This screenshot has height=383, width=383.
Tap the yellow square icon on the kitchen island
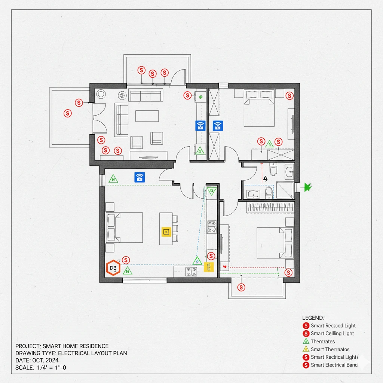click(166, 232)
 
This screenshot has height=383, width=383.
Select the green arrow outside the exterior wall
click(308, 186)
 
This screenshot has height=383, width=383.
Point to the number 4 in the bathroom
click(266, 179)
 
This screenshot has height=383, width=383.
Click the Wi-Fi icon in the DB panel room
click(140, 177)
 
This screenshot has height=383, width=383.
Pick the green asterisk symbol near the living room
click(201, 97)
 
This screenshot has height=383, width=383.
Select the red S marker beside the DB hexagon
click(126, 260)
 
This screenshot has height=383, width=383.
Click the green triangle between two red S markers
click(269, 143)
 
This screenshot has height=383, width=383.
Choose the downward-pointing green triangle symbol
click(212, 191)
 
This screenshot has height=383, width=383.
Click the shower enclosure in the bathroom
click(285, 190)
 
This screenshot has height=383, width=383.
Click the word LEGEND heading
click(313, 318)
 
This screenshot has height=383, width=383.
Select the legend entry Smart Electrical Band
click(334, 365)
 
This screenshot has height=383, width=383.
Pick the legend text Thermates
click(323, 341)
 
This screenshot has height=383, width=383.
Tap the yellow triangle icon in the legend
click(306, 349)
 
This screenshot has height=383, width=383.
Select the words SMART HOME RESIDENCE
click(76, 346)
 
